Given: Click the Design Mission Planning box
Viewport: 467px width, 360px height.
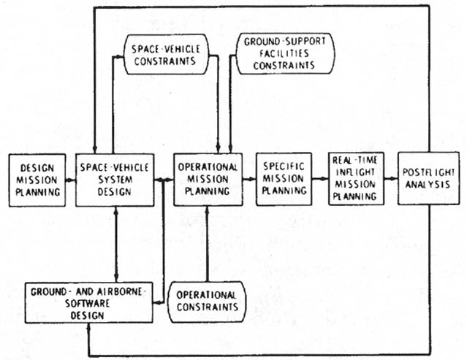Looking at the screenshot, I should [x=34, y=179].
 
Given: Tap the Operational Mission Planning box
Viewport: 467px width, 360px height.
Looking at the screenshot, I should [x=207, y=179].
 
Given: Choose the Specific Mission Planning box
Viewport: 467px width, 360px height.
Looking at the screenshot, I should [x=283, y=179].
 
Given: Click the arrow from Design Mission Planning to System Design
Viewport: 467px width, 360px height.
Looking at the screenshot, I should [x=69, y=180].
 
